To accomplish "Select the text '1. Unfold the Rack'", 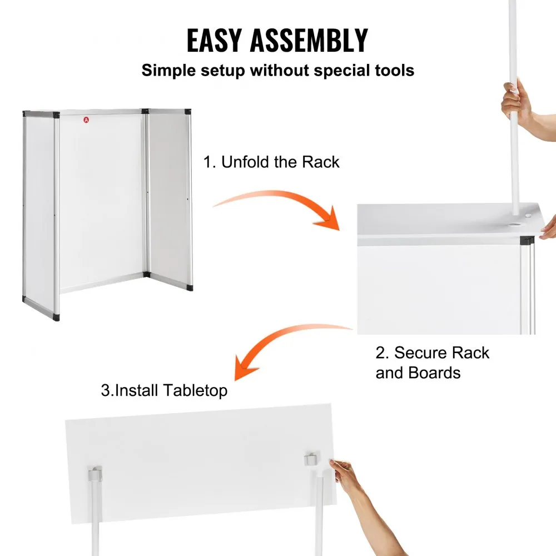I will [271, 162].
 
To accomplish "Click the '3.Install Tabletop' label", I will [164, 390].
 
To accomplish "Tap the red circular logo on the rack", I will [86, 118].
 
